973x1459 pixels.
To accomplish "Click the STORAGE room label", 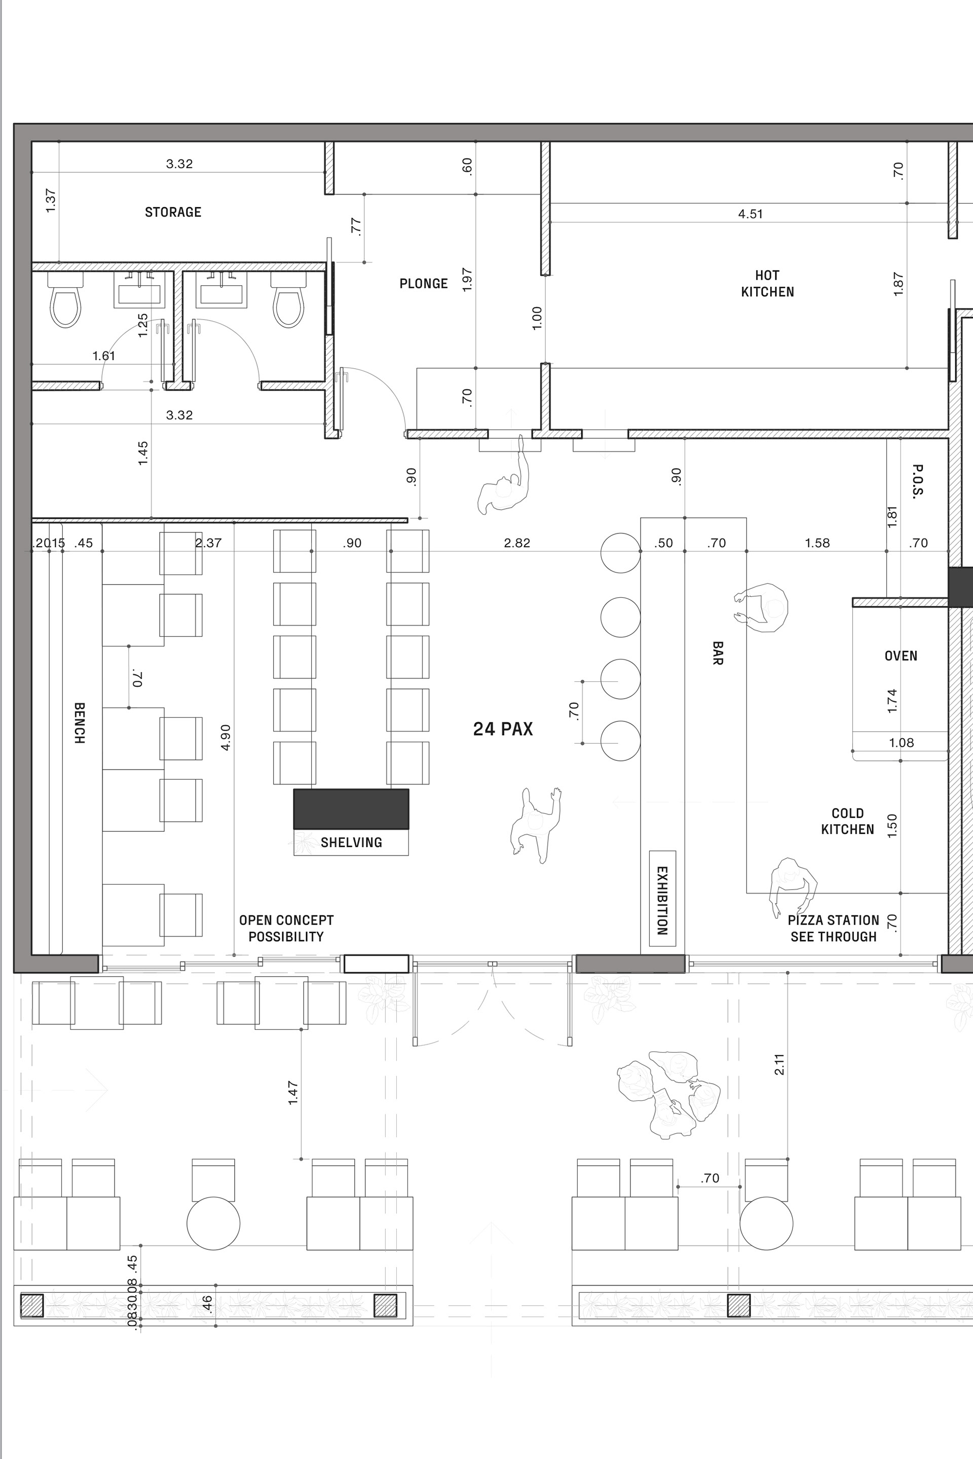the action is coord(173,212).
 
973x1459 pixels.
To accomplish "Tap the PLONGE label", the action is coord(423,284).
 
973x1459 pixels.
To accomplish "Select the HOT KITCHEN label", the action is coord(768,284).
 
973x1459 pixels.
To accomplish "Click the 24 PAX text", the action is coord(503,729).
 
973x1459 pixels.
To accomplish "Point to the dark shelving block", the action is coord(351,809).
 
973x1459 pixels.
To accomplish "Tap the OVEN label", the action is coord(901,656).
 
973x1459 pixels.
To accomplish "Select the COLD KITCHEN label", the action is coord(848,821).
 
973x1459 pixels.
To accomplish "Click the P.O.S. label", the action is coord(918,481).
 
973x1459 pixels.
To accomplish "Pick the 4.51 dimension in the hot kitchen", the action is coord(750,214).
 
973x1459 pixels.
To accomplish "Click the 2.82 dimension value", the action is coord(517,543).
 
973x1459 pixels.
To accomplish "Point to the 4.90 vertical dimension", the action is coord(226,738).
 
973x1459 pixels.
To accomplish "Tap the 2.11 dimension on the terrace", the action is coord(780,1064).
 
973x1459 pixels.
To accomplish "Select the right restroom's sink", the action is coord(221,290).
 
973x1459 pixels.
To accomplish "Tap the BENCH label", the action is coord(80,723).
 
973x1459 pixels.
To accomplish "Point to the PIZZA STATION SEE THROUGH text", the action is coord(833,929).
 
